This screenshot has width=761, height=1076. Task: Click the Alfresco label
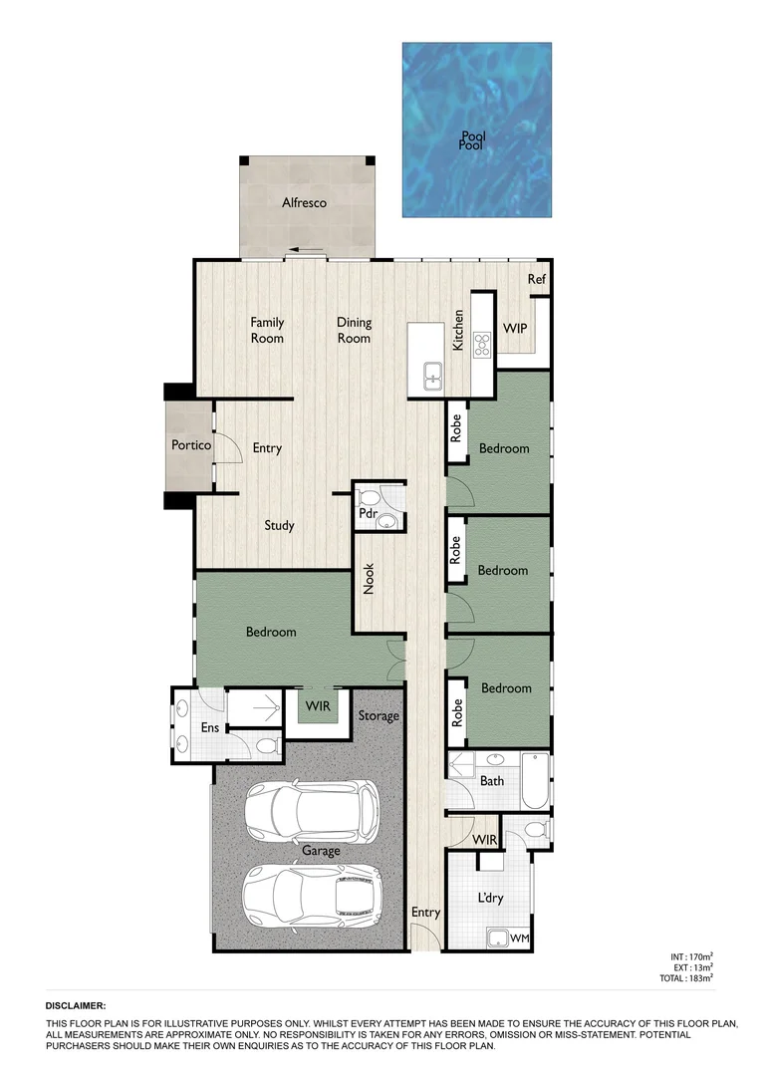[x=304, y=203]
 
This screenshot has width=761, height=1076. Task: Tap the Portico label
[x=191, y=445]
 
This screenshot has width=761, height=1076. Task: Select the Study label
[x=279, y=525]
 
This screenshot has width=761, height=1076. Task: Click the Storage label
[x=379, y=715]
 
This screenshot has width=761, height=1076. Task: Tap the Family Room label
[x=267, y=330]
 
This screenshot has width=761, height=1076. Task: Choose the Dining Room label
[x=354, y=330]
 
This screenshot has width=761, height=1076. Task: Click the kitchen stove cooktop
[x=483, y=345]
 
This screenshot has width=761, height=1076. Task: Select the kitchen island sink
[x=433, y=377]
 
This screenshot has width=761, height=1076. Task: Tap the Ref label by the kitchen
[x=537, y=280]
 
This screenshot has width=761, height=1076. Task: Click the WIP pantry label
[x=515, y=329]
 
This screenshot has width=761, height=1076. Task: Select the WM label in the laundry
[x=519, y=939]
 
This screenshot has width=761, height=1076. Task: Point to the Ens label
[x=210, y=728]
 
